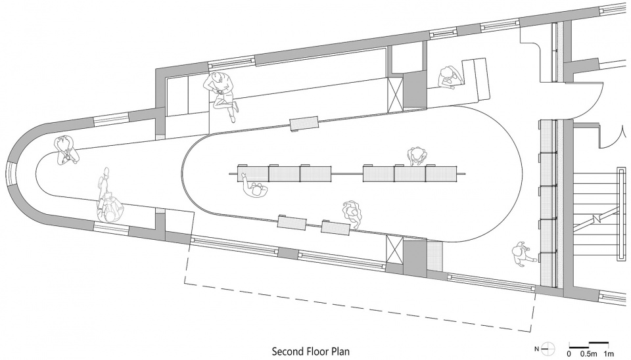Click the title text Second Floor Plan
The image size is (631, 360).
click(x=311, y=351)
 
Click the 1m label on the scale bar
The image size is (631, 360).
click(x=608, y=354)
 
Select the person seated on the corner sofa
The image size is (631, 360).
click(x=449, y=77)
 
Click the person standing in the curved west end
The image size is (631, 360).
click(x=66, y=150)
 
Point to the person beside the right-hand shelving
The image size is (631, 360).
click(x=523, y=254)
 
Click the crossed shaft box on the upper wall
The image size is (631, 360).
click(x=394, y=93)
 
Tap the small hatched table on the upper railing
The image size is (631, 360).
click(x=304, y=124)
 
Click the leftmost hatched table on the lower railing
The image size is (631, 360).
click(x=292, y=223)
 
